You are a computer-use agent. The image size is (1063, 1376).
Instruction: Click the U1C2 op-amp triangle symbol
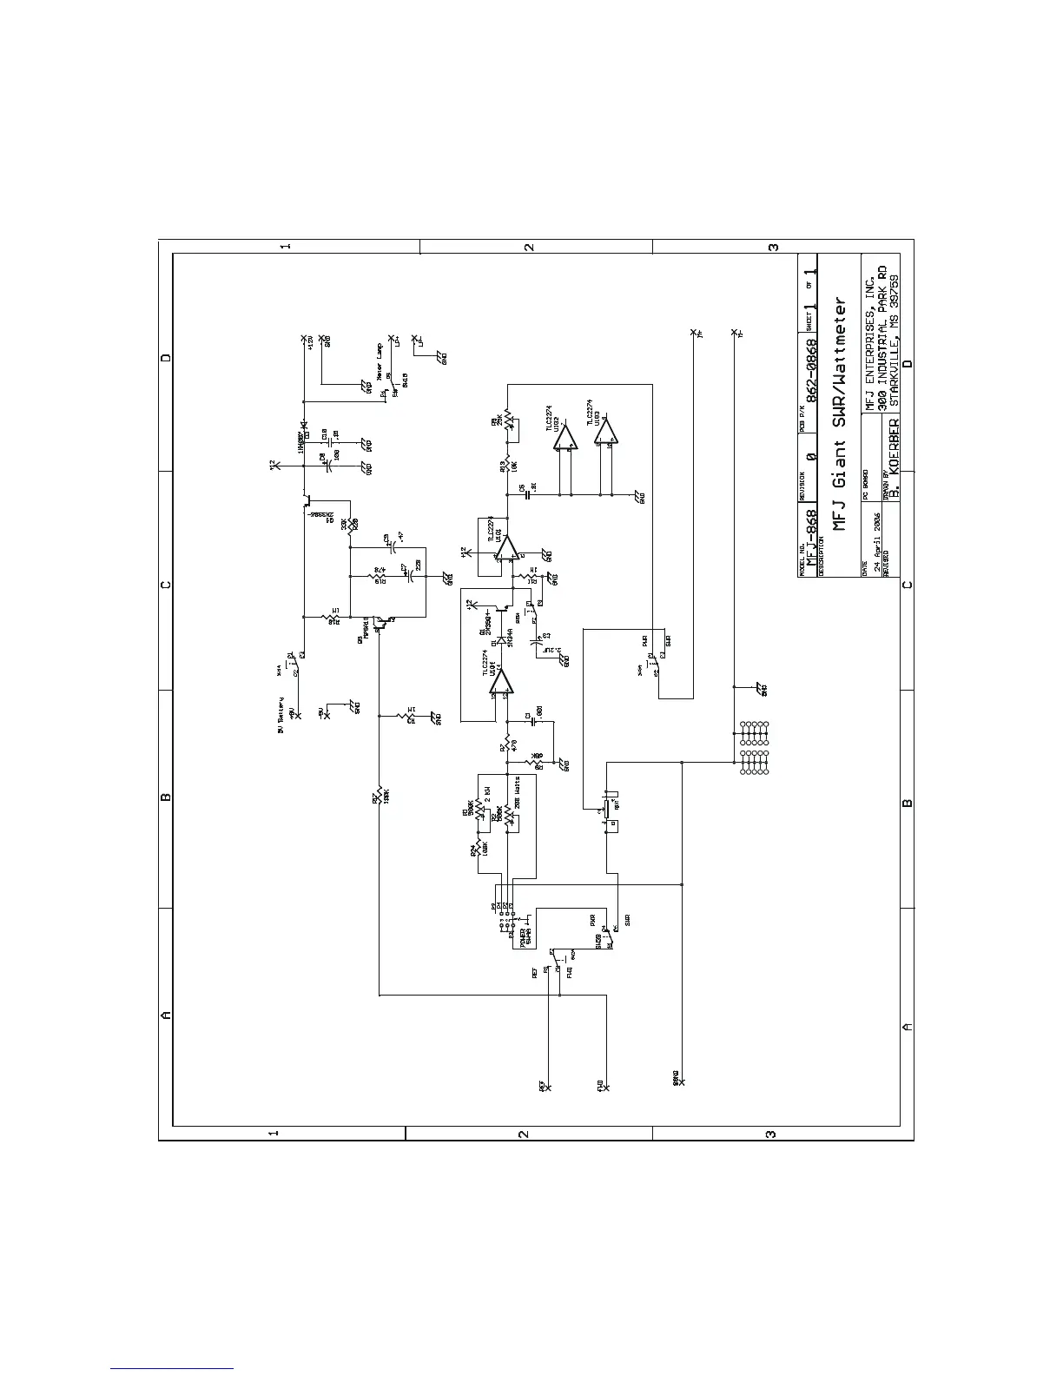point(564,437)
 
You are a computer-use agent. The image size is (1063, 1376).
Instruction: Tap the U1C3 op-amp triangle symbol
point(605,433)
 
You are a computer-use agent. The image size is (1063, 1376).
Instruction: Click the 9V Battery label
point(281,714)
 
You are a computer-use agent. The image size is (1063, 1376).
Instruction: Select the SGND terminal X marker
point(682,1082)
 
